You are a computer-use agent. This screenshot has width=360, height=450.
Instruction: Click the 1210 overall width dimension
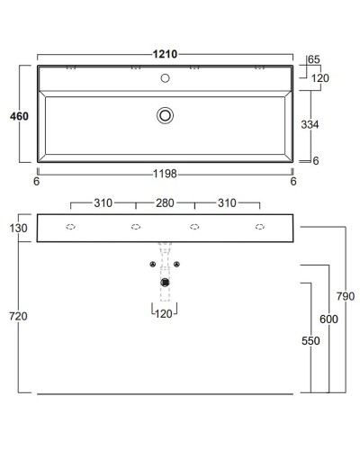pos(164,55)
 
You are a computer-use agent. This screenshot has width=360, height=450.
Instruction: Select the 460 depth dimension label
pos(18,116)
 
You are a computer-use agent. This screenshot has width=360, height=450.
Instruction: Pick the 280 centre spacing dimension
pos(164,203)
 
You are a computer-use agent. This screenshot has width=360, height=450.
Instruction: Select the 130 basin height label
pos(19,228)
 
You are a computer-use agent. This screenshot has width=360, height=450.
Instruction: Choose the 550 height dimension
pos(310,342)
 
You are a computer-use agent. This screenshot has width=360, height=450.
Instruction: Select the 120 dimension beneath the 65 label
pos(319,78)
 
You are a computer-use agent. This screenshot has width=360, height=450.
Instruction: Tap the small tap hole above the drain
pos(165,78)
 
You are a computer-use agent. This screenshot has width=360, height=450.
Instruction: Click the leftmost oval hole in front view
pos(71,227)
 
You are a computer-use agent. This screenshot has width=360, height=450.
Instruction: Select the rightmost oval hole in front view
pos(260,227)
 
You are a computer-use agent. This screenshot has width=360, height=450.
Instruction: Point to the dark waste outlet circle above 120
pos(165,283)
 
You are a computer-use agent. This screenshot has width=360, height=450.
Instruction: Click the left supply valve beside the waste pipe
pos(152,264)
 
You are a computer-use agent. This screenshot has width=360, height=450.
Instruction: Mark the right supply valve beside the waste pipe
pos(177,264)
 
